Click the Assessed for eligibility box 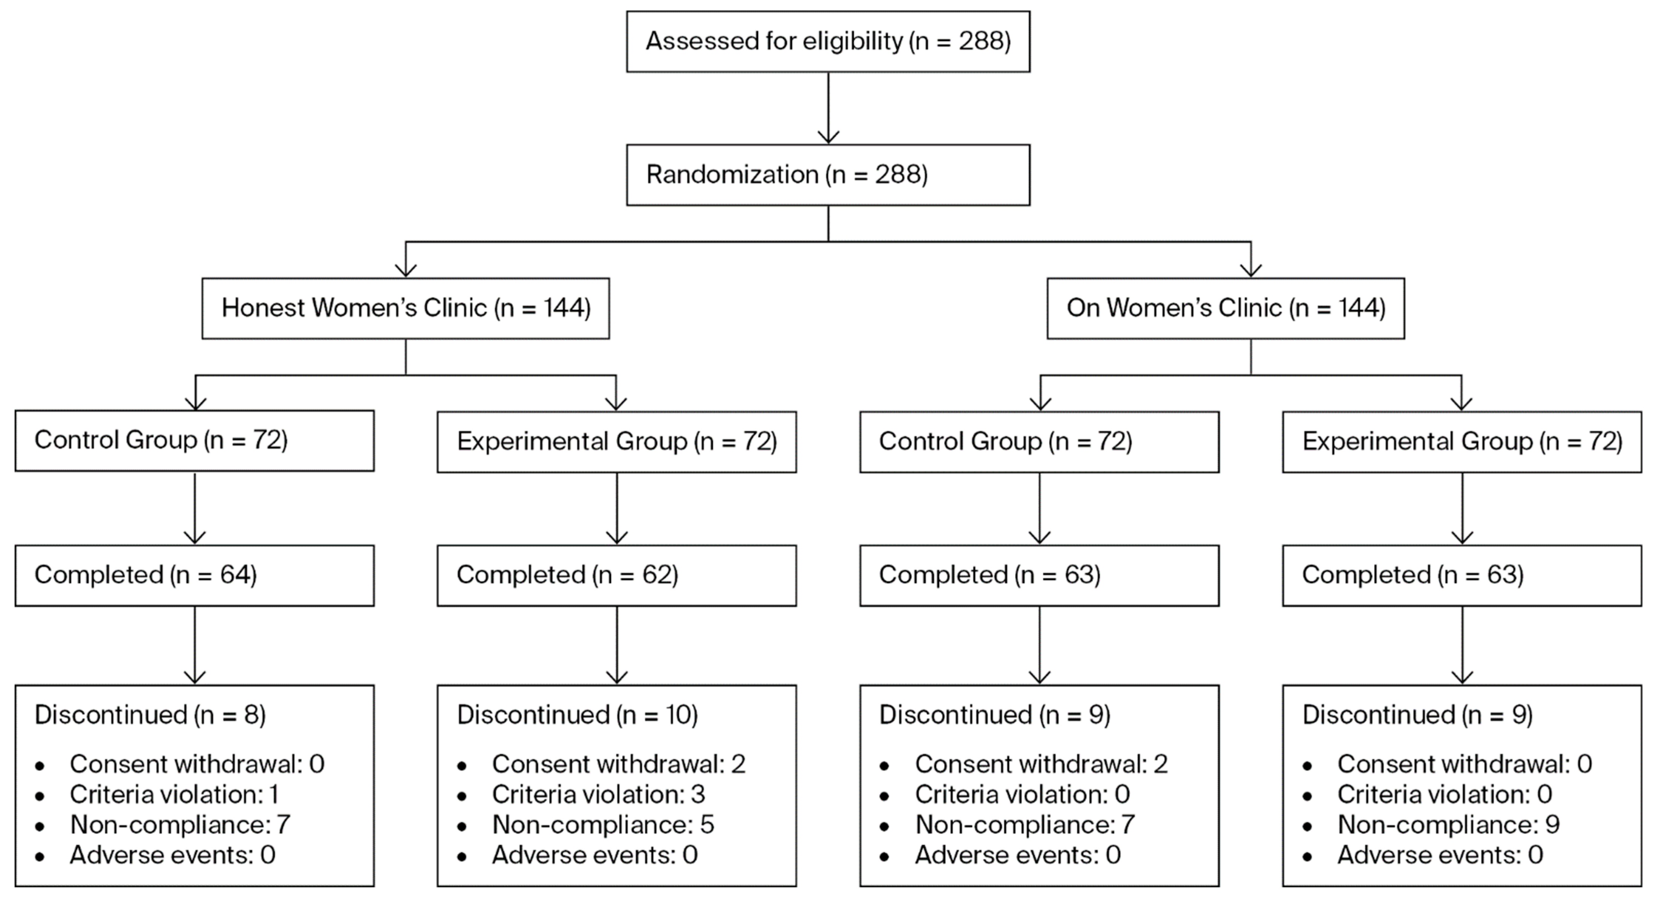(828, 41)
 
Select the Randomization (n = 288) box (828, 175)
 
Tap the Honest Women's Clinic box (406, 308)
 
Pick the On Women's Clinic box (1225, 308)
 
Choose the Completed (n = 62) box (616, 575)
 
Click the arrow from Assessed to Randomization (828, 108)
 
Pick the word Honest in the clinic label (263, 308)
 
